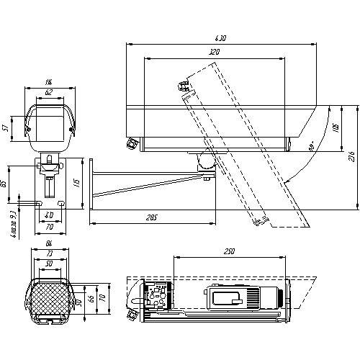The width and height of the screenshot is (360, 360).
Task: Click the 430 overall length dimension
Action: tap(222, 38)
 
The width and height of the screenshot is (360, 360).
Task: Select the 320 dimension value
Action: tap(214, 53)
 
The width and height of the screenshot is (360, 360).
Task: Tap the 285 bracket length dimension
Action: tap(152, 217)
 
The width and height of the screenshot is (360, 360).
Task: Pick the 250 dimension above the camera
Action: tap(229, 251)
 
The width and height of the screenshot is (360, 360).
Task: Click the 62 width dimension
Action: tap(48, 93)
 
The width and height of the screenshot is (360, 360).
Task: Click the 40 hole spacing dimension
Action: tap(48, 215)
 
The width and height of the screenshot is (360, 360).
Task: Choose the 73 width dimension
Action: tap(48, 256)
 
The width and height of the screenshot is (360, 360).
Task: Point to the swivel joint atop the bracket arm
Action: tap(204, 162)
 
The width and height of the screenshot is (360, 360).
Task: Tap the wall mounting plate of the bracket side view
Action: tap(91, 183)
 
